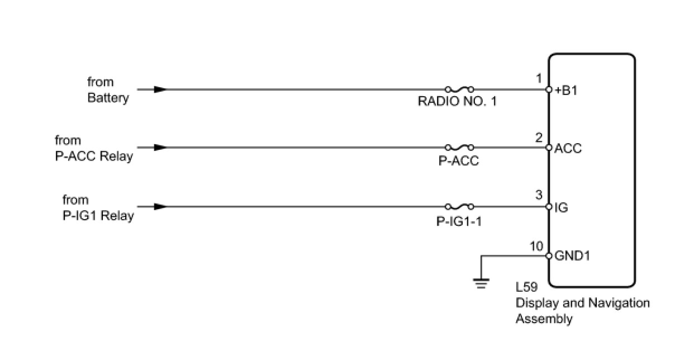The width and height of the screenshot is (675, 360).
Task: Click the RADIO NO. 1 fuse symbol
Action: pyautogui.click(x=459, y=89)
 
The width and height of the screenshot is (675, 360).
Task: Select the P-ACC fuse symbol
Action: pyautogui.click(x=459, y=148)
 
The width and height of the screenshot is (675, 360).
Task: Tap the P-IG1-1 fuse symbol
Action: pyautogui.click(x=459, y=206)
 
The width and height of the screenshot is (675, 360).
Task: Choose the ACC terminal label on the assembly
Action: pyautogui.click(x=568, y=149)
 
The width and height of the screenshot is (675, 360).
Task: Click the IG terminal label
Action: pyautogui.click(x=562, y=207)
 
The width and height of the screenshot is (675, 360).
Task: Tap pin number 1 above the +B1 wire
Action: pyautogui.click(x=539, y=79)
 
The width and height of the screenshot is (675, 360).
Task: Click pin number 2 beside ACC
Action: pyautogui.click(x=539, y=138)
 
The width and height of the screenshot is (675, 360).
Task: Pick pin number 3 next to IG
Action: pyautogui.click(x=539, y=196)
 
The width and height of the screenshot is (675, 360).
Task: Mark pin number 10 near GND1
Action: pyautogui.click(x=536, y=245)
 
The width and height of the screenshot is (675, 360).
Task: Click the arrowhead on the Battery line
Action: pyautogui.click(x=160, y=89)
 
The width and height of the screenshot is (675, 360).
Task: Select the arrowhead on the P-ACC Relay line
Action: pyautogui.click(x=160, y=148)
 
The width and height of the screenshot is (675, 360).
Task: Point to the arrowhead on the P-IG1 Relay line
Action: pyautogui.click(x=160, y=206)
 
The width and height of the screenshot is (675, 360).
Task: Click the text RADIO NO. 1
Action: pyautogui.click(x=457, y=103)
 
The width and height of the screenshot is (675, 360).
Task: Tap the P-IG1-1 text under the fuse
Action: pyautogui.click(x=459, y=221)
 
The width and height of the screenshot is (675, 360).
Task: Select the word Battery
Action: pyautogui.click(x=108, y=98)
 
